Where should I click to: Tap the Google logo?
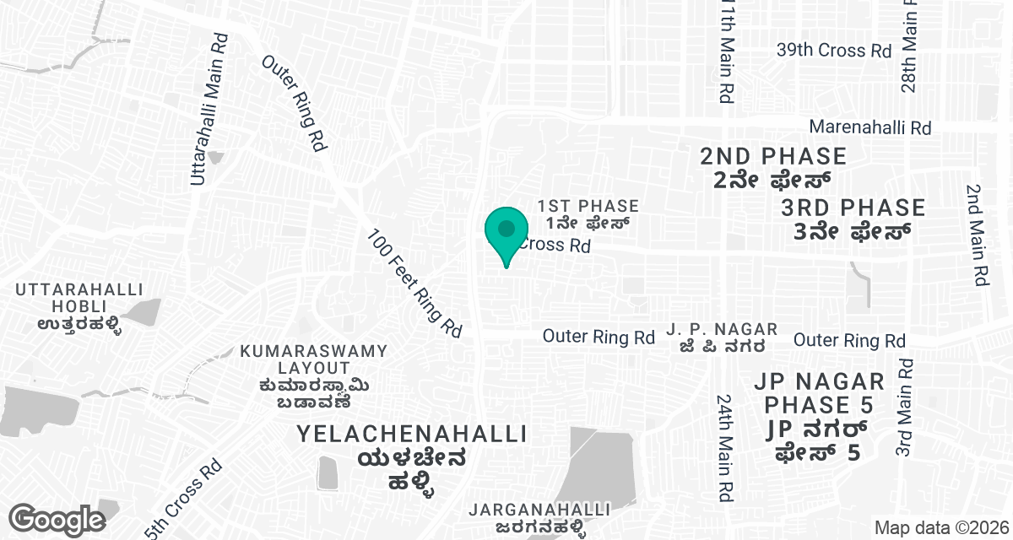(x=57, y=519)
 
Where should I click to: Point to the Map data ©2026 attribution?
(x=940, y=527)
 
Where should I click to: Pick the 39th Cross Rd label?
(x=833, y=51)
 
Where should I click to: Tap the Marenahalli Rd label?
(x=869, y=127)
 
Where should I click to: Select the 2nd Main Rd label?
(x=977, y=236)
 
